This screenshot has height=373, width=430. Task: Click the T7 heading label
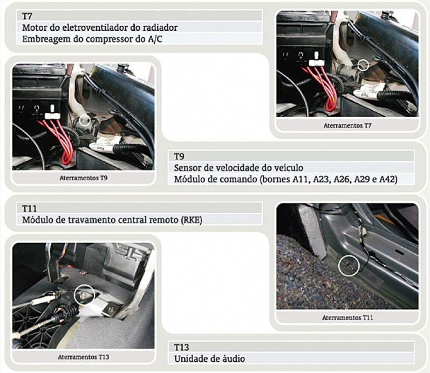[x=27, y=16]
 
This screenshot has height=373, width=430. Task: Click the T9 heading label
[x=179, y=157]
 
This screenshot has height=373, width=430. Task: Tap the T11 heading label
[x=29, y=208]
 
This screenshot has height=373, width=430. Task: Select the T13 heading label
[x=181, y=348]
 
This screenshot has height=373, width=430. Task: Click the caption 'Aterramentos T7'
[x=347, y=125]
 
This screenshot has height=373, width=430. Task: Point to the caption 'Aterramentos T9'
[x=84, y=178]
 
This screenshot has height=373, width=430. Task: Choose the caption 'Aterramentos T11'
[x=347, y=317]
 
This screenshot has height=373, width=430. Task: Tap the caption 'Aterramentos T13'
[x=84, y=357]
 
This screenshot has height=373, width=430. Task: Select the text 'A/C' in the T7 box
[x=155, y=39]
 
